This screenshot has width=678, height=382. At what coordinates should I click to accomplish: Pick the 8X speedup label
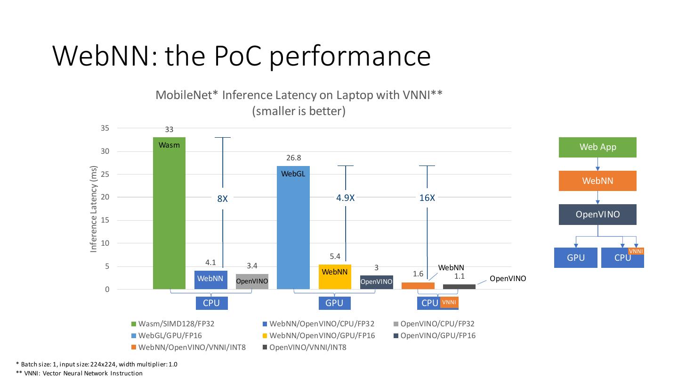tap(222, 199)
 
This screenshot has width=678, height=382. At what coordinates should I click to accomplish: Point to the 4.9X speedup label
tap(345, 198)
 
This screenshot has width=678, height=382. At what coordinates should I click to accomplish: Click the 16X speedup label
tap(427, 198)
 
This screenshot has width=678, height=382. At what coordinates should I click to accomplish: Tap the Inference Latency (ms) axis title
tap(94, 209)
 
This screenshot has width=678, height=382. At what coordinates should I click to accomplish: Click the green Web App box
tap(597, 147)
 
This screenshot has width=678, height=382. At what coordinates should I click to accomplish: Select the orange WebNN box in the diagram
tap(597, 181)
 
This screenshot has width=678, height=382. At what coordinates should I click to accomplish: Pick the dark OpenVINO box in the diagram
tap(597, 215)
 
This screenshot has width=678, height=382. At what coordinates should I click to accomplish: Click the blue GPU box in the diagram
tap(575, 257)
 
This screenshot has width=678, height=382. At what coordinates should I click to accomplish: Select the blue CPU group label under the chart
tap(211, 303)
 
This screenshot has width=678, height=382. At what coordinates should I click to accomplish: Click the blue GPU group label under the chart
tap(334, 303)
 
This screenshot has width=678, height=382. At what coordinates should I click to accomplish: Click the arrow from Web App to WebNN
tap(597, 164)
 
